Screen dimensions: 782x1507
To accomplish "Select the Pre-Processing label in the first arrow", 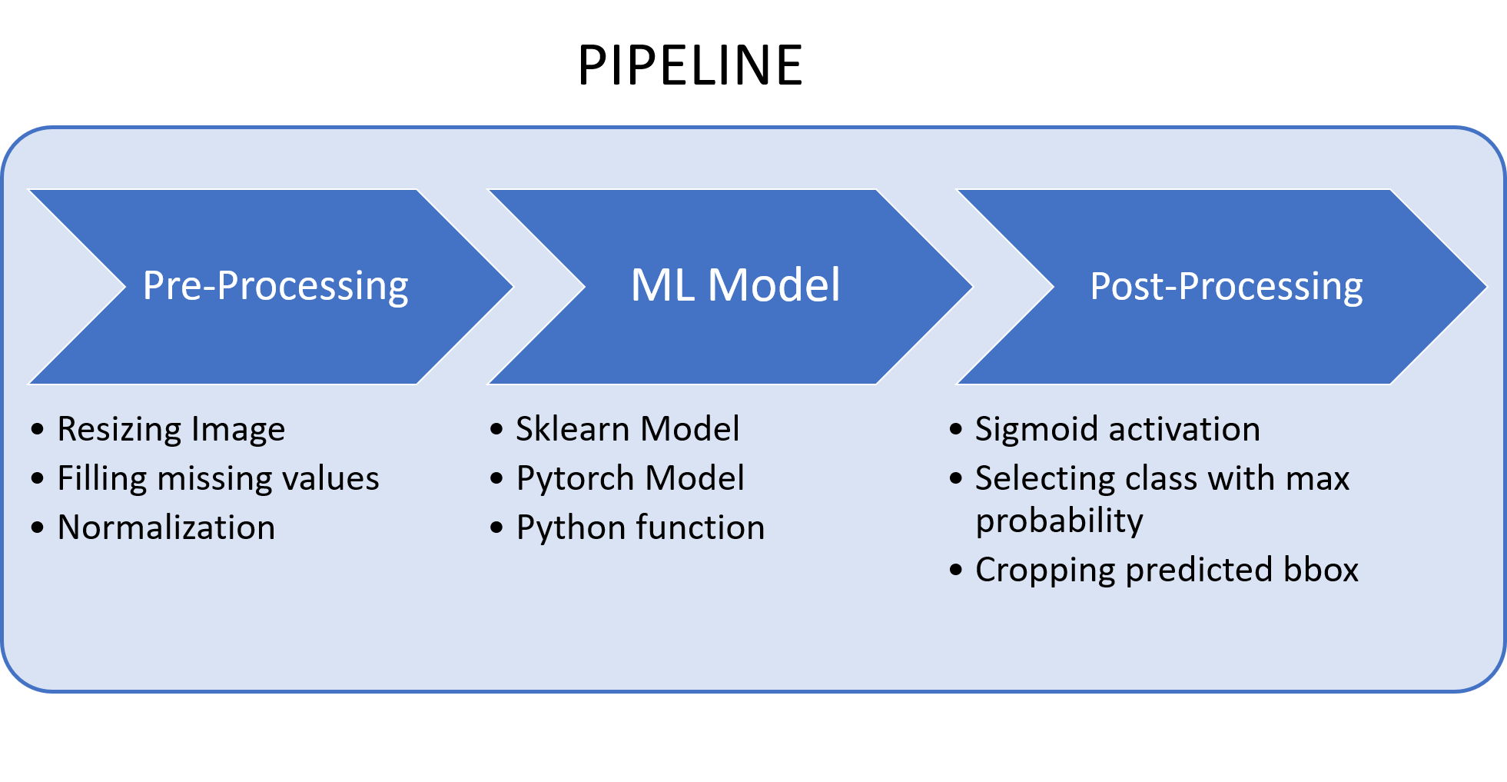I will coord(275,286).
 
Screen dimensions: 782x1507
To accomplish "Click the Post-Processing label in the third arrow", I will coord(1226,286).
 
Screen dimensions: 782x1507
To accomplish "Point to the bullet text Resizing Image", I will coord(171,429).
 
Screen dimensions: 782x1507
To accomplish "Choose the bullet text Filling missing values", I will coord(218,478).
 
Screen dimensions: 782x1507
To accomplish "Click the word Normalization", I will coord(166,527).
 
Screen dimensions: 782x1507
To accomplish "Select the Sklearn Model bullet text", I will coord(627,429).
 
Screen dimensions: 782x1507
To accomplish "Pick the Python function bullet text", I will coord(640,527).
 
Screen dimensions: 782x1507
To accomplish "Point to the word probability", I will coord(1059,521).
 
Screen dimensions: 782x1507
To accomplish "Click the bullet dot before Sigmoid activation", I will coord(956,429).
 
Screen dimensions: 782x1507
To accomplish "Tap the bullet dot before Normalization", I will coord(38,527).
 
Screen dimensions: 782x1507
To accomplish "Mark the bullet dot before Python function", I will coord(496,527).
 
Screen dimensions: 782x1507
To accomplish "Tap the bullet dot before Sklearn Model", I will coord(496,429).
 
